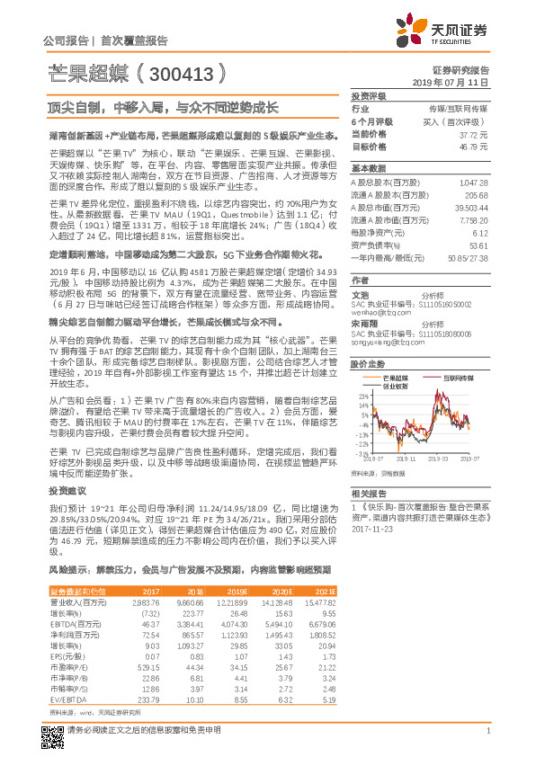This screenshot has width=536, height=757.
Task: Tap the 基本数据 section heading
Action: [368, 169]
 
